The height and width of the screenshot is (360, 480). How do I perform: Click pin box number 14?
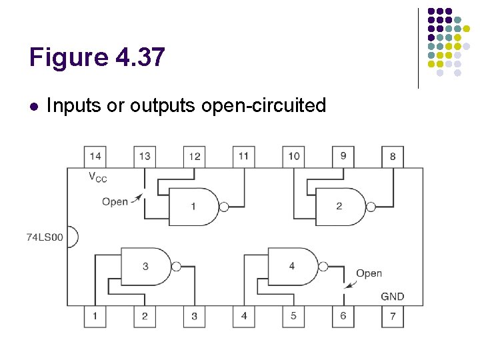pos(95,157)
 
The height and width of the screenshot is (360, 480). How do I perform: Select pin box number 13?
pos(144,157)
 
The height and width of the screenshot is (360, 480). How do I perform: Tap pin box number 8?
pos(393,157)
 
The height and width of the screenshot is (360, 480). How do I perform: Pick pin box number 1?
pos(95,315)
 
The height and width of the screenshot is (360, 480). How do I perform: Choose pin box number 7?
pos(393,315)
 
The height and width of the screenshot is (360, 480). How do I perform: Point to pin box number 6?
pos(343,315)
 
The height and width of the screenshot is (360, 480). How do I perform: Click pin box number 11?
pos(243,157)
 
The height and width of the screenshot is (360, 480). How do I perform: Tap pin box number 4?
pos(243,315)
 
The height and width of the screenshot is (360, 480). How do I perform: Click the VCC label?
pos(97,177)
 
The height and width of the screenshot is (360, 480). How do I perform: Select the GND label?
pos(392,296)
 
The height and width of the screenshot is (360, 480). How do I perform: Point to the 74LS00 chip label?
pos(45,237)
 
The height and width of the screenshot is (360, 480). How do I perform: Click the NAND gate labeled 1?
pos(194,207)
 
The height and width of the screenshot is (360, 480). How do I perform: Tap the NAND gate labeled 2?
pos(340,207)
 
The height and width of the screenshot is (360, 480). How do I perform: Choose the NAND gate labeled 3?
pos(146,267)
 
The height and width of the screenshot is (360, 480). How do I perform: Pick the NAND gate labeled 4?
pos(292,267)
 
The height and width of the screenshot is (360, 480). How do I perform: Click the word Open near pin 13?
pos(115,201)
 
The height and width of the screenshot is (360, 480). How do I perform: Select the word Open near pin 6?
pos(369,273)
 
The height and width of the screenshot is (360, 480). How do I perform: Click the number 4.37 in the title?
pos(139,58)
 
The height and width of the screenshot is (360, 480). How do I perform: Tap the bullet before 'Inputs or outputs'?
pos(33,106)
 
